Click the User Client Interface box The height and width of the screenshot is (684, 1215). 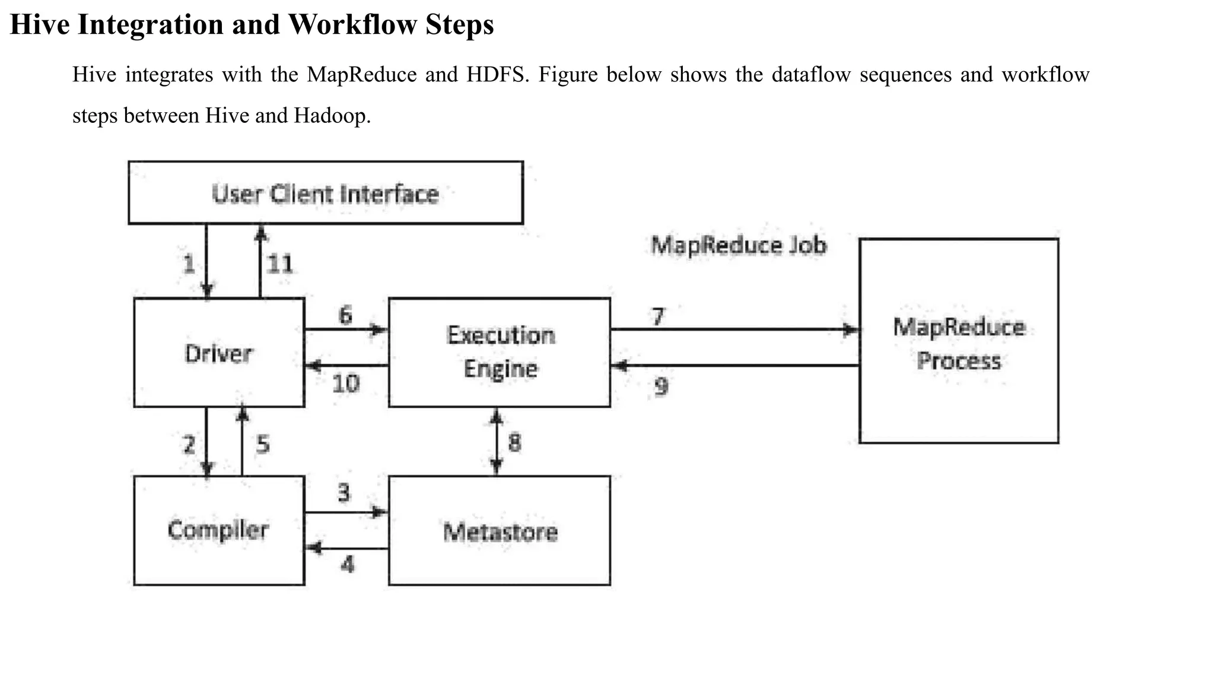[326, 193]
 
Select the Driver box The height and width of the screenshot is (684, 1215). [219, 353]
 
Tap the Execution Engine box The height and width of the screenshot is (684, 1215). [500, 352]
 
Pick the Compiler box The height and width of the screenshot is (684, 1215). [219, 530]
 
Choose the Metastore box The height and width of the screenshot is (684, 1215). [500, 531]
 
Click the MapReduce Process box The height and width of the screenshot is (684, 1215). [959, 341]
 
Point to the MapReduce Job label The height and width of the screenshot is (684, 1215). [739, 245]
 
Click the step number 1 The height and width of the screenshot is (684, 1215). [189, 264]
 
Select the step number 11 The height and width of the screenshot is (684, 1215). [280, 264]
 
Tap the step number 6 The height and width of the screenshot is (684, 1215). [345, 314]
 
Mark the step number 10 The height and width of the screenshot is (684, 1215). [346, 384]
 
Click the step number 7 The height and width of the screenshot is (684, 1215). [658, 316]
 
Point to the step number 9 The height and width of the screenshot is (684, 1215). [661, 387]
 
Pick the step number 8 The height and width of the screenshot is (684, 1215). [514, 442]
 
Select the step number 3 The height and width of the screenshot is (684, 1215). [344, 492]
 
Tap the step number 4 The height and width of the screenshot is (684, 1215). [348, 563]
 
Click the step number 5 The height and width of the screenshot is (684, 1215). [263, 444]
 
